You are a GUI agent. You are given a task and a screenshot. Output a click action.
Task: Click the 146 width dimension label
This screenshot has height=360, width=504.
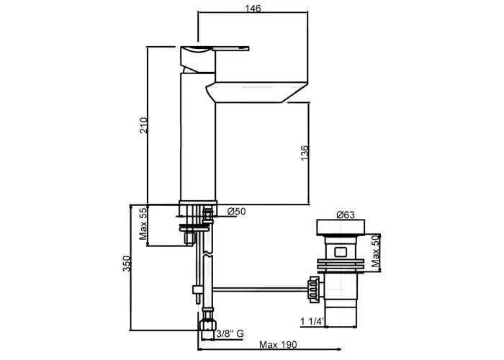[x=253, y=9]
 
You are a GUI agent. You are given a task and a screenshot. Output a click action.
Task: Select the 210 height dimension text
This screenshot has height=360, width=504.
[x=144, y=126]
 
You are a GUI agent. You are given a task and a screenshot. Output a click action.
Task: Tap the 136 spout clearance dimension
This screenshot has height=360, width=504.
[x=305, y=153]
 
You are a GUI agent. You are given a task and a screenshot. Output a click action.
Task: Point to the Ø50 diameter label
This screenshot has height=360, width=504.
[x=236, y=212]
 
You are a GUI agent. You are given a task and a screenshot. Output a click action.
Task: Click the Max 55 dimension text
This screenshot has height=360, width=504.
[x=143, y=224]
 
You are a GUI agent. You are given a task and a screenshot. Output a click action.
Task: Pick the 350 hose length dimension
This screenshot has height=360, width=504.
[x=127, y=264]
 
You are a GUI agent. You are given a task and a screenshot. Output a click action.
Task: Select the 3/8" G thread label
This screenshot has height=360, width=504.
[x=230, y=334]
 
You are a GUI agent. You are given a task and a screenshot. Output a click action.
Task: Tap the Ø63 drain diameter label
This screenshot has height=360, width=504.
[x=345, y=215]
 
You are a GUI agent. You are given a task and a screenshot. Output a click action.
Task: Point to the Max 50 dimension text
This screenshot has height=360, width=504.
[x=375, y=251]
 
